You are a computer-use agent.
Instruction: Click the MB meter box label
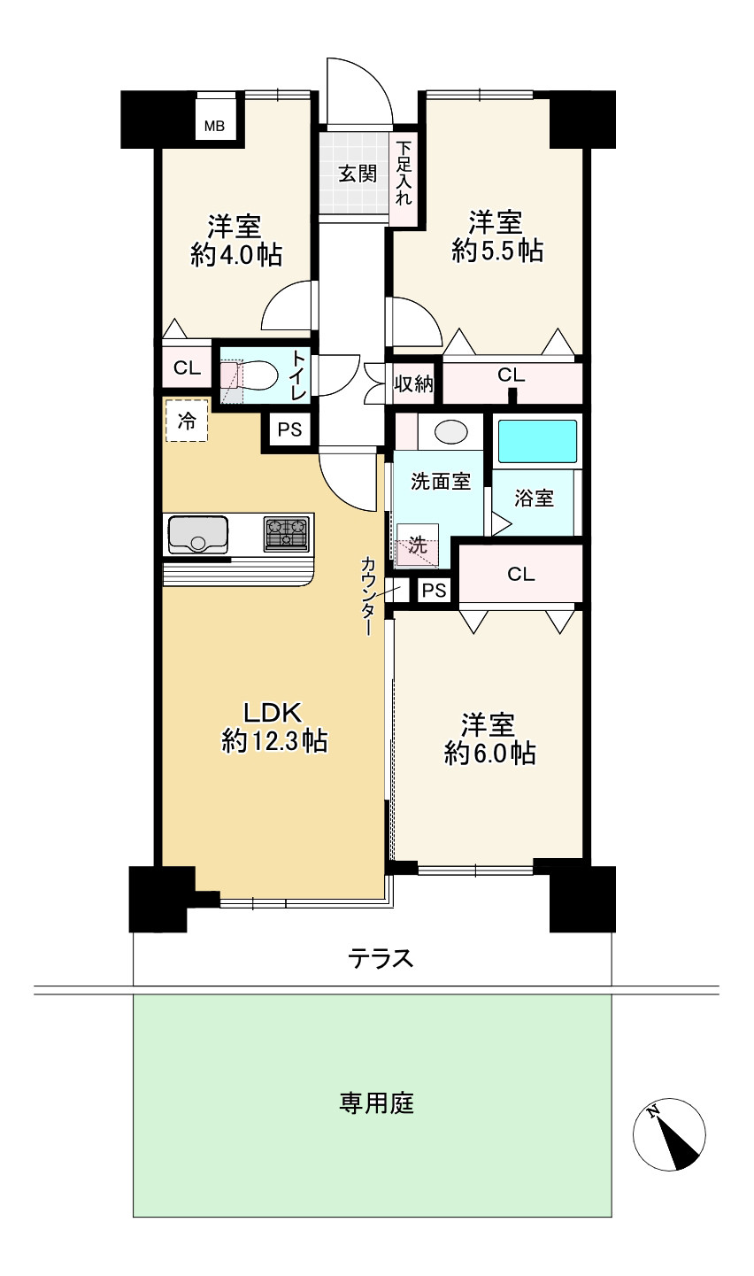(x=215, y=126)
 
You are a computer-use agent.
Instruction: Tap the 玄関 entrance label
(x=358, y=174)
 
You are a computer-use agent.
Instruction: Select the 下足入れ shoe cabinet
(x=404, y=179)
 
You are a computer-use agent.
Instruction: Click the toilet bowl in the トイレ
(x=258, y=375)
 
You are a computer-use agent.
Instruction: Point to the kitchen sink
(x=197, y=534)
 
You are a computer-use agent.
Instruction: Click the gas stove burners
(x=287, y=534)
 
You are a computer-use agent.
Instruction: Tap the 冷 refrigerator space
(x=186, y=421)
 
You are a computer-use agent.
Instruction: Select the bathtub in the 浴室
(x=537, y=442)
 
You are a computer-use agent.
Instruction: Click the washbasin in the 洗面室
(x=451, y=432)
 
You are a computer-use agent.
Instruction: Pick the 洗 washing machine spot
(x=418, y=545)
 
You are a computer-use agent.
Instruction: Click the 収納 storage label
(x=413, y=384)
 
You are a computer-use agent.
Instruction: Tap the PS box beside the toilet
(x=289, y=429)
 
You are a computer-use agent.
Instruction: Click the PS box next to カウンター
(x=434, y=590)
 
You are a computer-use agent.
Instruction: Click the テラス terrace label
(x=381, y=959)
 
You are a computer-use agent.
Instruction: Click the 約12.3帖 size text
(x=274, y=742)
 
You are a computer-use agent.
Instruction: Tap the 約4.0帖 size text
(x=235, y=255)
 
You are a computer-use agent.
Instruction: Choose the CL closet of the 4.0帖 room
(x=187, y=368)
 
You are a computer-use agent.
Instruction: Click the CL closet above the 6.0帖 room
(x=520, y=574)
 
